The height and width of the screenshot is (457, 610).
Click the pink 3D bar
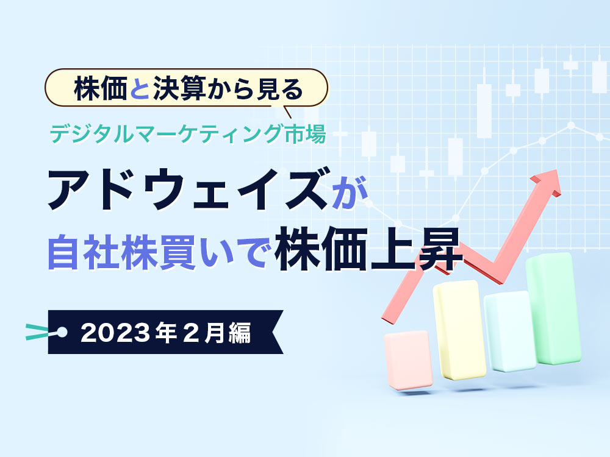click(409, 360)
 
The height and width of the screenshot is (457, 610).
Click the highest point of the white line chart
click(571, 126)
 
